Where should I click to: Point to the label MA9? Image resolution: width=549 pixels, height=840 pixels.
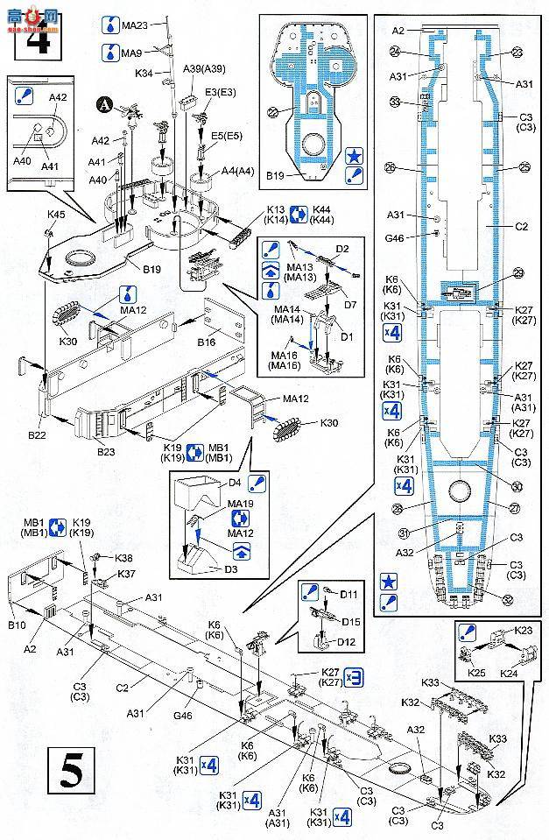click(x=132, y=53)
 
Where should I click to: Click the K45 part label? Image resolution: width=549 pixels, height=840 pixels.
click(x=56, y=214)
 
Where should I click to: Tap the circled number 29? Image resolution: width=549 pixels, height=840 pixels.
click(x=517, y=274)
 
